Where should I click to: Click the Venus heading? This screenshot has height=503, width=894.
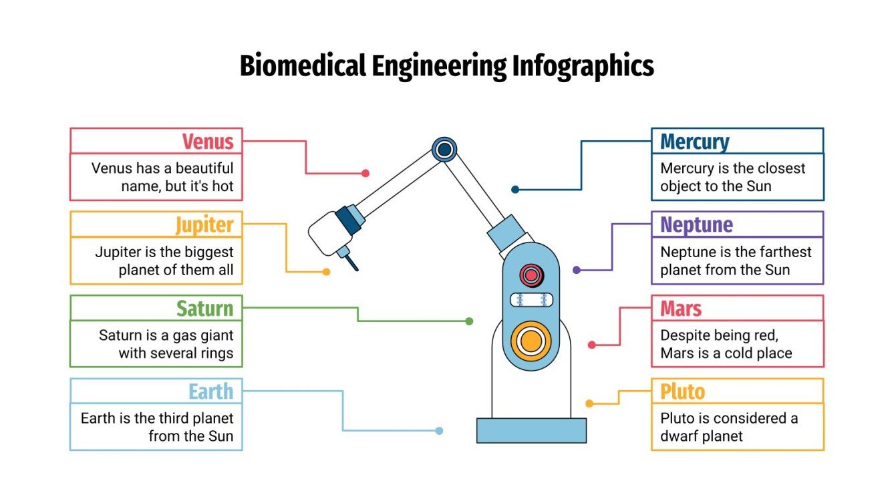(208, 142)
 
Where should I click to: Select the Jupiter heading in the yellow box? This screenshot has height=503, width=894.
(204, 225)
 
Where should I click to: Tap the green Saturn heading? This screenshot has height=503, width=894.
(204, 309)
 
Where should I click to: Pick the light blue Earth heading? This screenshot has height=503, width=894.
(210, 391)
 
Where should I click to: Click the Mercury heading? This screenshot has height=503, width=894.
(694, 142)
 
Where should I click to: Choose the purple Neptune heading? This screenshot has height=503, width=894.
(696, 225)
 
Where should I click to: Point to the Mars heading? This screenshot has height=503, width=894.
(681, 309)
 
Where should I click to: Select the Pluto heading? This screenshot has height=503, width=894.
(682, 391)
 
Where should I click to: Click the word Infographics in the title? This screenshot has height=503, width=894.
(583, 66)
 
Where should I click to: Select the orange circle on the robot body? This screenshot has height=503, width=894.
(531, 340)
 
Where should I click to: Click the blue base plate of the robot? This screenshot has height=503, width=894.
(531, 430)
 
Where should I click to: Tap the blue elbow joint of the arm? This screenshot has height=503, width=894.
(444, 149)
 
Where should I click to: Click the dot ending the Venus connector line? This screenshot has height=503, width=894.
(365, 173)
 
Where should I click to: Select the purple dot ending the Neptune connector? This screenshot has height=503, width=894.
(577, 271)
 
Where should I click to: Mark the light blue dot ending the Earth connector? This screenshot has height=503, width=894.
(439, 431)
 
